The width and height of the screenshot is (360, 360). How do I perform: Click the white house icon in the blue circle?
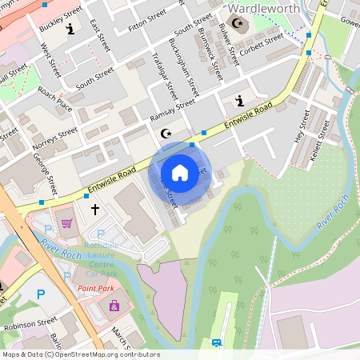point(180,173)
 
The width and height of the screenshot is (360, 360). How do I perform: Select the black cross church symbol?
point(95,210)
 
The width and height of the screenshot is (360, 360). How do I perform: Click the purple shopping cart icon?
point(68,223)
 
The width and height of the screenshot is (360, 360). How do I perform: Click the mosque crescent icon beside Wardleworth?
point(236,23)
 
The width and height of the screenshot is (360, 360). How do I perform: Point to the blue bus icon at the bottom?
point(216,343)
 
